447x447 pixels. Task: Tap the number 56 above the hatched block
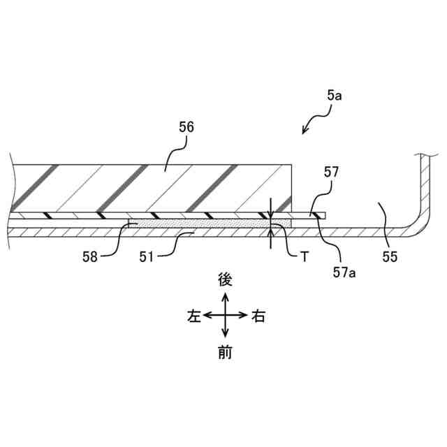[186, 127]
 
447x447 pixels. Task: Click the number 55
[390, 256]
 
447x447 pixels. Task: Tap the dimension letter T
[305, 256]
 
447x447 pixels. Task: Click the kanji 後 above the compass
[224, 280]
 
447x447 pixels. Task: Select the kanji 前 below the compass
[224, 353]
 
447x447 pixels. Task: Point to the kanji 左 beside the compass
[193, 316]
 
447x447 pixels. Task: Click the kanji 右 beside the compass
[258, 316]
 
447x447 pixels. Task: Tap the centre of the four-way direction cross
[224, 316]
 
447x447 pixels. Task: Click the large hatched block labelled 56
[150, 187]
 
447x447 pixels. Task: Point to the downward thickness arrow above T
[272, 210]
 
